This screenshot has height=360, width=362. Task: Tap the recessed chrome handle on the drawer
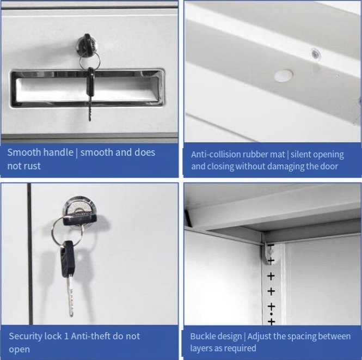coord(87,88)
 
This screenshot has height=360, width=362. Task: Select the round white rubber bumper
coord(284,76)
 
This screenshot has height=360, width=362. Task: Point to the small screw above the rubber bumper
coord(315,54)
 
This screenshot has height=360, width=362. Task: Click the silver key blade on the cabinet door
coord(71,296)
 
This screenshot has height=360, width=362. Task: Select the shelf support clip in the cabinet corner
coord(268,253)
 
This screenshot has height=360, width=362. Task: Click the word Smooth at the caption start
coord(24,152)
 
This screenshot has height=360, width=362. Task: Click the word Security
coord(26,337)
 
